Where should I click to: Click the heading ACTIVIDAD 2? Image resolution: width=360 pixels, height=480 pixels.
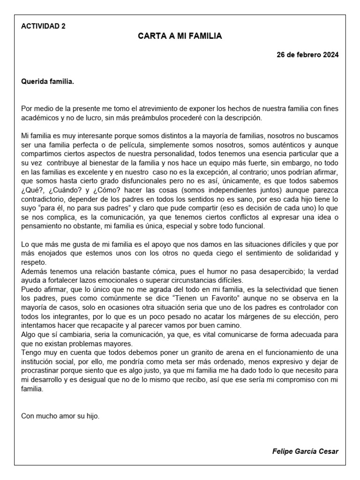pyautogui.click(x=44, y=26)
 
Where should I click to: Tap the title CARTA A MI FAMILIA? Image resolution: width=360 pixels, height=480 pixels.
pyautogui.click(x=180, y=36)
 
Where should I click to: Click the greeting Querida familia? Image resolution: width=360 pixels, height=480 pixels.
pyautogui.click(x=48, y=82)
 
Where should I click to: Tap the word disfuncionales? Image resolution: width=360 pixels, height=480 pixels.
pyautogui.click(x=133, y=181)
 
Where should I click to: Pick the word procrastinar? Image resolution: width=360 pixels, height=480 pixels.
pyautogui.click(x=43, y=371)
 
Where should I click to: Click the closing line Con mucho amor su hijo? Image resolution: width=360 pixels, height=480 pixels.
pyautogui.click(x=60, y=416)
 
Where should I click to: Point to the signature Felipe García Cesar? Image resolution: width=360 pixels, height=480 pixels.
pyautogui.click(x=305, y=451)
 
